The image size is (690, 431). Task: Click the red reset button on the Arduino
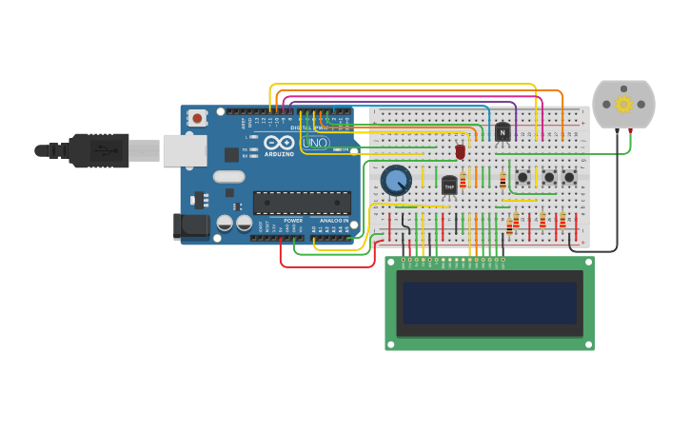(197, 118)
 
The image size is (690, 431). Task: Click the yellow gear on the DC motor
(623, 104)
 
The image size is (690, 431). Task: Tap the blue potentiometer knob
(396, 179)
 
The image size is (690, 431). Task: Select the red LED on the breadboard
(461, 150)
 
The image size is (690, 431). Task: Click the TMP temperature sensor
(449, 186)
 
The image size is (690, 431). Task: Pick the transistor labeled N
(503, 132)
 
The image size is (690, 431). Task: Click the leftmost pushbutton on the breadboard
(522, 177)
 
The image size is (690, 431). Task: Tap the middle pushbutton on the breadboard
(549, 177)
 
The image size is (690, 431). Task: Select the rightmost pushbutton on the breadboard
(569, 177)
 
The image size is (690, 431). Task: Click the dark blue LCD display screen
(489, 303)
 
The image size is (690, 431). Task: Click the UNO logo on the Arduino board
(317, 144)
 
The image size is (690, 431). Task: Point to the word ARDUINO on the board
(279, 153)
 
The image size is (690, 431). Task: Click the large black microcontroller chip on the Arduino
(301, 202)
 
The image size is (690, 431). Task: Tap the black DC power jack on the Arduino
(190, 225)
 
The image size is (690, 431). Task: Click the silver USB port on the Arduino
(185, 150)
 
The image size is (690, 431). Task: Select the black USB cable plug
(95, 150)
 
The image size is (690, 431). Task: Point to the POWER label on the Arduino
(293, 221)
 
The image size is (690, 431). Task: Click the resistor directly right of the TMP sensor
(463, 181)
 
